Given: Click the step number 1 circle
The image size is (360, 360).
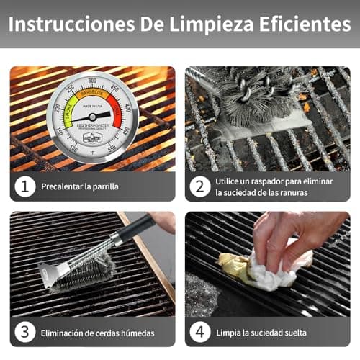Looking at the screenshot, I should tap(26, 186).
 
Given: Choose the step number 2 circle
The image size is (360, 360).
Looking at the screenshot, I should tap(200, 186).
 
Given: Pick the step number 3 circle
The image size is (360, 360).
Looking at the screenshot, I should tap(26, 332).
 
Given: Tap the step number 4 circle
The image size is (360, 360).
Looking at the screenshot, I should tap(200, 332).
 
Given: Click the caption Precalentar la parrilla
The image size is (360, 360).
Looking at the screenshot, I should tap(81, 186).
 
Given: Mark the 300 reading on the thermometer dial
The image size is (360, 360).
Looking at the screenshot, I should tap(92, 80).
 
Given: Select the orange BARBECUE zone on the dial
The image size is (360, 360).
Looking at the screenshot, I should tap(92, 93).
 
